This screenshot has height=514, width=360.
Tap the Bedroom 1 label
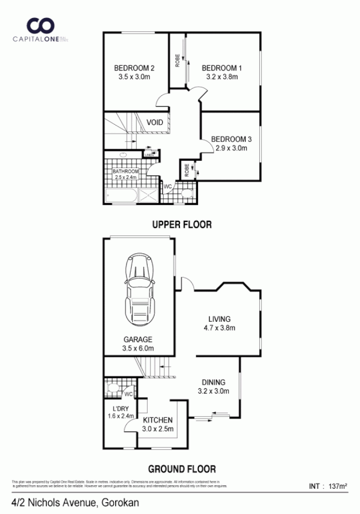222,68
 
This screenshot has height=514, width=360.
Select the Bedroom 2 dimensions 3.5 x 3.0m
134,77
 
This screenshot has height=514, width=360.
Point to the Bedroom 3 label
231,139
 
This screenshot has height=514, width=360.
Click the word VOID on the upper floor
155,122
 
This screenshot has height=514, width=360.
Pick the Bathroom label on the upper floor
126,171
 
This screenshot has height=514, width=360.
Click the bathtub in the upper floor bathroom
122,195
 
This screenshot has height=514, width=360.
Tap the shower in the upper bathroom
150,195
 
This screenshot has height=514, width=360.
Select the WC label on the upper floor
168,187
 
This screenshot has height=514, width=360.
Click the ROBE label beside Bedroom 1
177,61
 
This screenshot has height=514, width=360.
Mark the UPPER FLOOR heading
182,225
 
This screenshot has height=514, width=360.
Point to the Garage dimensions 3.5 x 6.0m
137,348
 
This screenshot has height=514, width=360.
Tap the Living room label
219,319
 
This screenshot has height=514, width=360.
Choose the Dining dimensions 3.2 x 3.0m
213,391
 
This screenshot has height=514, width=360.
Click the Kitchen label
158,420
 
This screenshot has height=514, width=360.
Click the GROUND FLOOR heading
182,469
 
